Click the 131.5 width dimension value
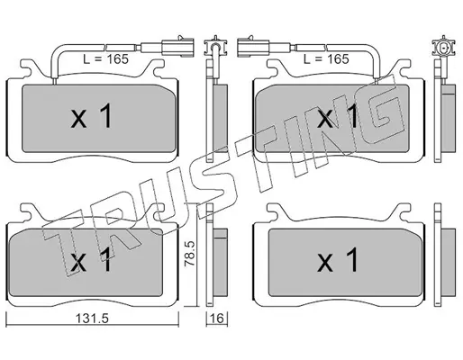pos(92,319)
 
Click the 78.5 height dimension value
pos(190,254)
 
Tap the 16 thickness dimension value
pos(217,319)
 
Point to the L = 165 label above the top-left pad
pos(105,59)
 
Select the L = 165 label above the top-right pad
pos(326,59)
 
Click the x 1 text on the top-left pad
pos(92,116)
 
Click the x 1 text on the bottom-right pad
pos(338,260)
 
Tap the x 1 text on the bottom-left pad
pos(92,260)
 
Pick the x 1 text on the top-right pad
pos(338,116)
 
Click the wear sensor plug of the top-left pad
pos(177,47)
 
